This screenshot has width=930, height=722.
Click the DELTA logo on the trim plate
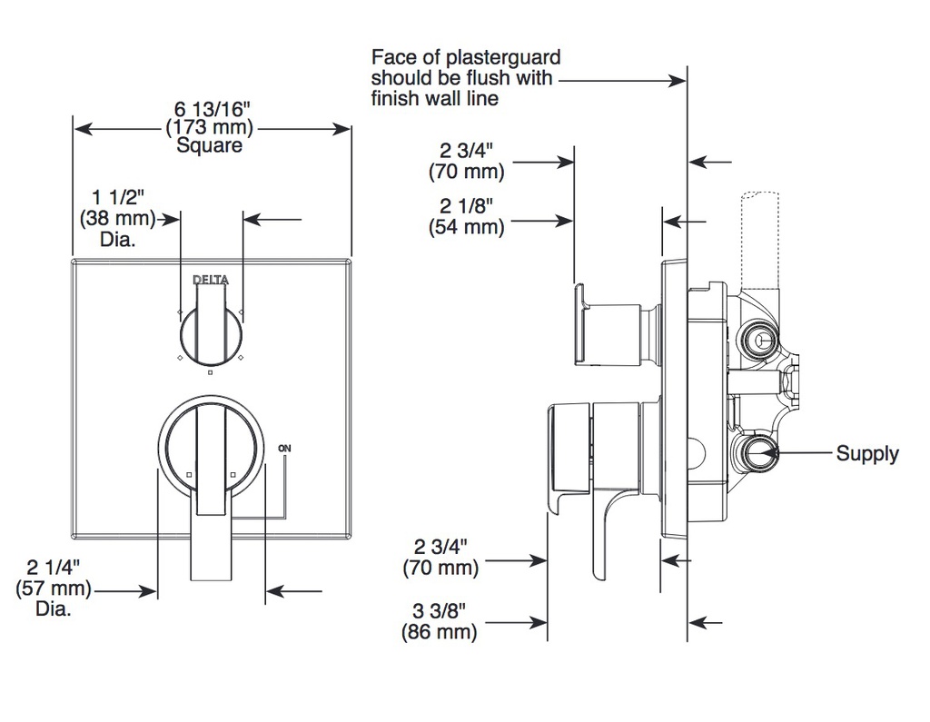211,280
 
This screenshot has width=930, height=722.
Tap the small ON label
284,449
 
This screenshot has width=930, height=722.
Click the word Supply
867,454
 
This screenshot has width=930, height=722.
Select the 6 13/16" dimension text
213,109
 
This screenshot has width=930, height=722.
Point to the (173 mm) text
210,127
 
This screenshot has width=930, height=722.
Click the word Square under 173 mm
210,146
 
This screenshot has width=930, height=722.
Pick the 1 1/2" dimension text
118,198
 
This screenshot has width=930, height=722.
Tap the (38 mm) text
117,218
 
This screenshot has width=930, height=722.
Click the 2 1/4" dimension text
54,568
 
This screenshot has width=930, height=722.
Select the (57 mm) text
54,588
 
